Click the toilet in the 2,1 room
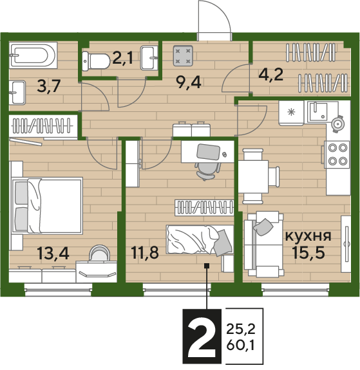tap(96, 61)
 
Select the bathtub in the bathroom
tap(33, 55)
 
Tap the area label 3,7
tap(49, 87)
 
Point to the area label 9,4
tap(189, 83)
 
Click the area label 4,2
tap(271, 75)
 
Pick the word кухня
tap(308, 236)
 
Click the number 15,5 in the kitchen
tap(308, 252)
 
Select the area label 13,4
tap(53, 254)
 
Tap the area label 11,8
tap(145, 252)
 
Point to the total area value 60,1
tap(241, 346)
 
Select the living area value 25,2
tap(241, 329)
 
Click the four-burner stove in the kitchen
tap(337, 154)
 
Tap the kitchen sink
tap(318, 111)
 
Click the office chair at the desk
tap(206, 171)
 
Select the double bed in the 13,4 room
tap(48, 206)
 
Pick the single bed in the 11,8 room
tap(200, 240)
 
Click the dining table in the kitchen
tap(253, 177)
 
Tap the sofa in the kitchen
tap(264, 245)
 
